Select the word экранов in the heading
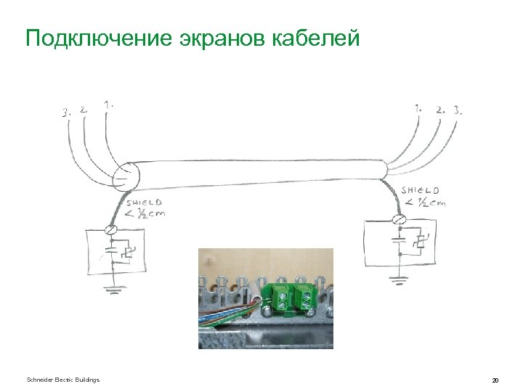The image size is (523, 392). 222,37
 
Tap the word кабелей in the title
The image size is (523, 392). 316,37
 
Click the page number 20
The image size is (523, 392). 495,380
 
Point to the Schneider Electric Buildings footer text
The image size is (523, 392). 62,380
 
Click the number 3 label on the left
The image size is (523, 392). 66,113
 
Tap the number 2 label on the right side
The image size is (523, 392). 439,110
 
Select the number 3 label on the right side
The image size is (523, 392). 458,110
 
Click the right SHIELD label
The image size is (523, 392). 421,190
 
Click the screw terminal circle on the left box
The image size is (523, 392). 110,229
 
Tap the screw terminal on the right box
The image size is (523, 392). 399,219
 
